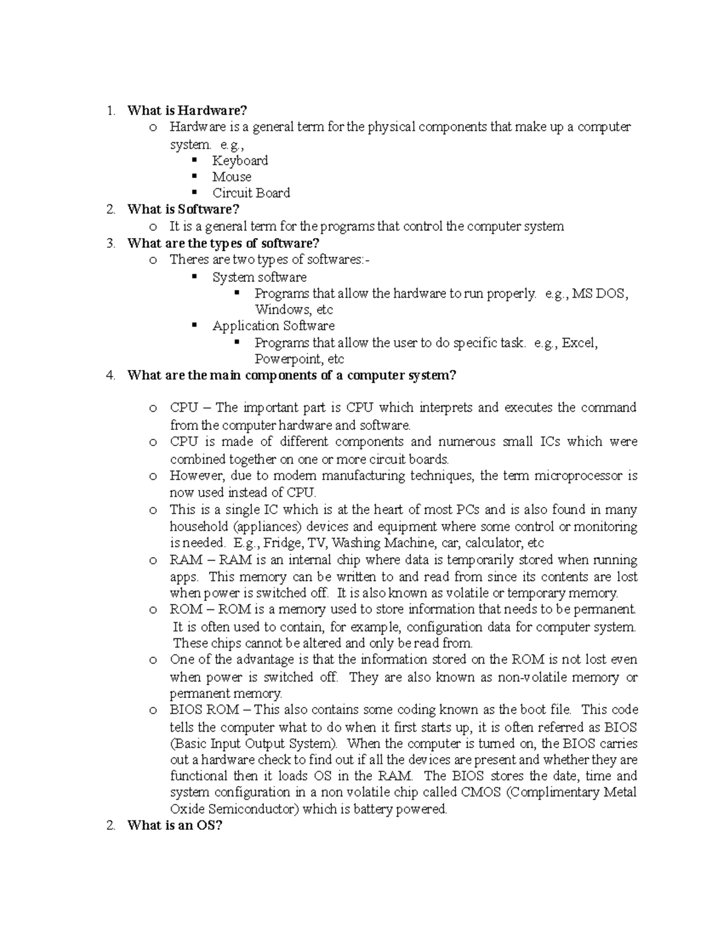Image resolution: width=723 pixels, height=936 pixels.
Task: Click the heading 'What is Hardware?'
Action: pos(187,110)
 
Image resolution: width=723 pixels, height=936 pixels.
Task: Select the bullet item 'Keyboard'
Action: pos(240,160)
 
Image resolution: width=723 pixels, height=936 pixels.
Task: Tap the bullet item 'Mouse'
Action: pos(231,177)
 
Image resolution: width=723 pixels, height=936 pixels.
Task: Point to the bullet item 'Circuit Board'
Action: pos(251,193)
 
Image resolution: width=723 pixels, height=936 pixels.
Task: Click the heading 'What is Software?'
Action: pos(183,209)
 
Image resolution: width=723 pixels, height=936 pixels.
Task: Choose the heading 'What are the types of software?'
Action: pos(223,243)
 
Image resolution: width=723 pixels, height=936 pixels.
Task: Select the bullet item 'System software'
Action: pos(259,277)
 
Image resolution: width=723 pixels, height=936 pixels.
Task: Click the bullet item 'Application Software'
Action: pos(273,326)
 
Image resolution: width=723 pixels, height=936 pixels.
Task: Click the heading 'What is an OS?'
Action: pos(175,826)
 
